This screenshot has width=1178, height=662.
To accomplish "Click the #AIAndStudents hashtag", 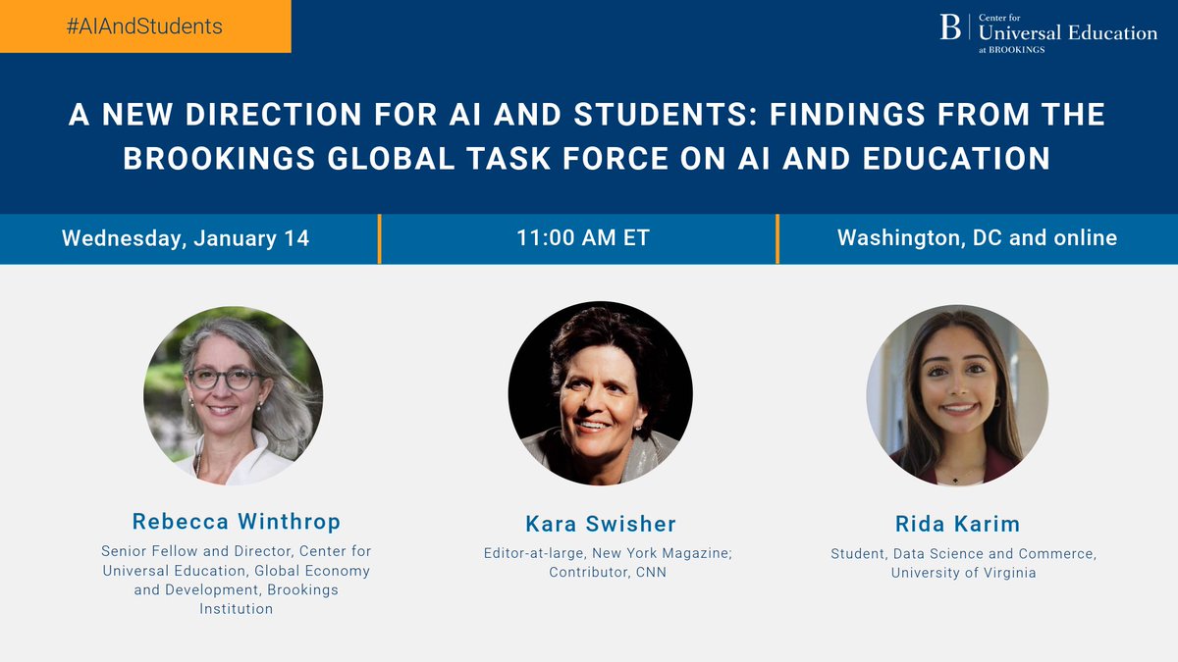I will click(144, 26).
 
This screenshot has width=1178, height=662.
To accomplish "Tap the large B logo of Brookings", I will click(950, 27).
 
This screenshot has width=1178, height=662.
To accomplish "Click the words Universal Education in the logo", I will click(1068, 32).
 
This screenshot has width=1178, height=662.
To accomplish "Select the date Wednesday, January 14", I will click(186, 238).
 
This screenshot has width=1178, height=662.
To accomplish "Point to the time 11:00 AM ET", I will click(583, 238).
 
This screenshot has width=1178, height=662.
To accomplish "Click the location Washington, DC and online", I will click(977, 238).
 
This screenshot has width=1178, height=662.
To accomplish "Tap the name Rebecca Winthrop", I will click(236, 521).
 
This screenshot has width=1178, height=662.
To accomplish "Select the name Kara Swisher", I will click(600, 524).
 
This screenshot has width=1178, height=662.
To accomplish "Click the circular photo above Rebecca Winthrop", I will click(234, 394).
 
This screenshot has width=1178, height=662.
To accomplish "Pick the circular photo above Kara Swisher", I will click(600, 392).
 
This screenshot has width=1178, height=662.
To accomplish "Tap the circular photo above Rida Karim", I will click(957, 394).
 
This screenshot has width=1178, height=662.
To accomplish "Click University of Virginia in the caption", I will click(963, 573).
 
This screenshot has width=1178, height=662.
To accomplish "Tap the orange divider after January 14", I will click(379, 238).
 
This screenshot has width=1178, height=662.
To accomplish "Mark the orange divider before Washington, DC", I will click(776, 238).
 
